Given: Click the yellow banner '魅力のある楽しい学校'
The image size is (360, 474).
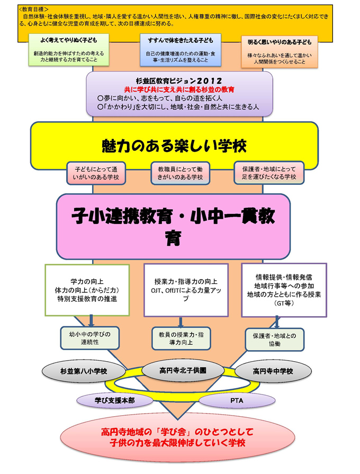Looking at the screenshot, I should coord(174,144).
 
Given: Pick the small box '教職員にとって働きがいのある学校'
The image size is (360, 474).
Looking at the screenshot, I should coord(180,173).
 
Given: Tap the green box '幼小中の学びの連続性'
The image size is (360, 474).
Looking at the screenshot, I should coord(88,338).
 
